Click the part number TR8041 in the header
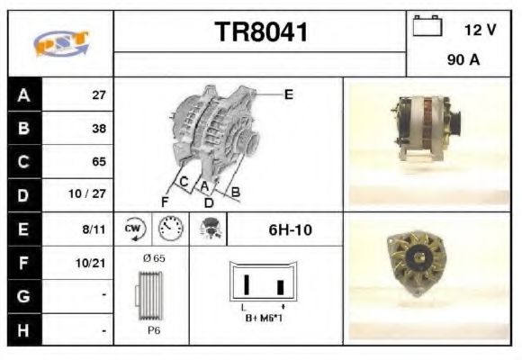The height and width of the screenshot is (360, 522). (x=260, y=32)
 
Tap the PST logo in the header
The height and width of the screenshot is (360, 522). (x=60, y=43)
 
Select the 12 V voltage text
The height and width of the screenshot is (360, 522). (x=480, y=30)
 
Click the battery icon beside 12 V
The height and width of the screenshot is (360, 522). (x=427, y=27)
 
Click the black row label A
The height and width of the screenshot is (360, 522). (x=24, y=94)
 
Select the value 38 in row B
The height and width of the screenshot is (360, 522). (x=99, y=129)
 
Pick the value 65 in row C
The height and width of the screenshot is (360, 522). (x=99, y=162)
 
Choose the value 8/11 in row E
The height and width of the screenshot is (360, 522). (x=94, y=229)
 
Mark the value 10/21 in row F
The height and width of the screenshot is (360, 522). (x=94, y=264)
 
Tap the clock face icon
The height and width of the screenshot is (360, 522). (x=168, y=229)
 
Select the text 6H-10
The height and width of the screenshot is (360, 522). (x=290, y=229)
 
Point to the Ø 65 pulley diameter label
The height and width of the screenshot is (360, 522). (x=154, y=258)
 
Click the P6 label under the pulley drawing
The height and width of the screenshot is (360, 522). (x=154, y=330)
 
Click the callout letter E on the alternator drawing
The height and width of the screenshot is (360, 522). (x=289, y=94)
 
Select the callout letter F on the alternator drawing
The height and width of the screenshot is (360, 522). (x=166, y=200)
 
